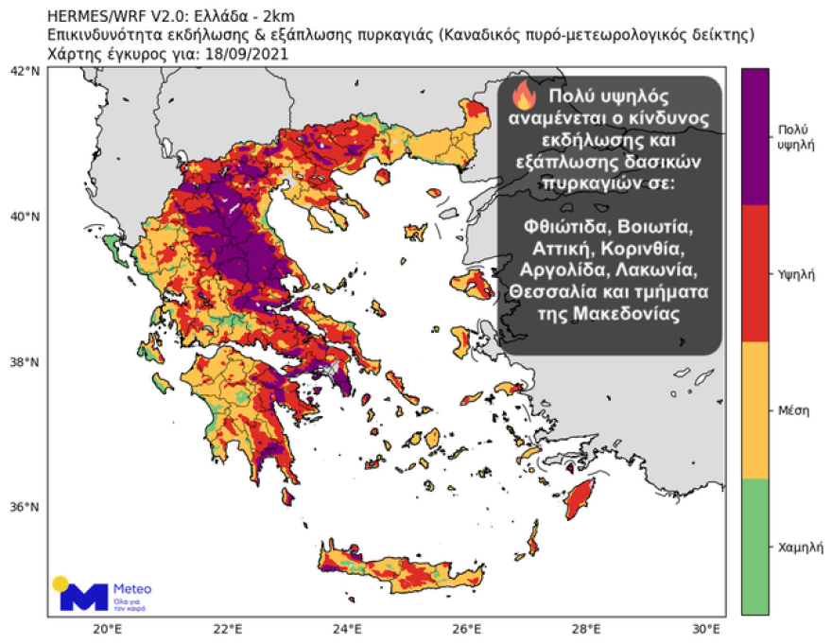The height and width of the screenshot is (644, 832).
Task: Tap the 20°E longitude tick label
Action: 106,628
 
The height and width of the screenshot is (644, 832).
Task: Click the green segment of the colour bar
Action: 754,547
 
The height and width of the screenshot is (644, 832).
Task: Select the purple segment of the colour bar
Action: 754,136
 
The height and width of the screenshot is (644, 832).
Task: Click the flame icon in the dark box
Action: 523,96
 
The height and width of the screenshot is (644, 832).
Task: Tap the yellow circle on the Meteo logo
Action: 61,583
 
